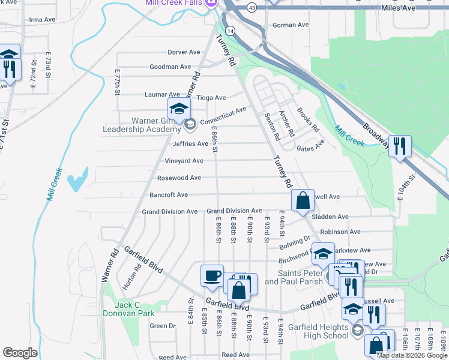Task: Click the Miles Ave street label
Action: click(x=399, y=8)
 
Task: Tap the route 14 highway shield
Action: click(x=231, y=29)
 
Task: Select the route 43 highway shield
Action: click(x=252, y=7)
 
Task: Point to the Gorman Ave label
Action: click(x=291, y=25)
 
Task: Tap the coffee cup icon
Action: click(x=212, y=275)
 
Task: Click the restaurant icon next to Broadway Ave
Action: click(x=400, y=145)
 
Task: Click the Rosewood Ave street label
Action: click(x=179, y=178)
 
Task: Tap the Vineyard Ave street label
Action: click(x=184, y=161)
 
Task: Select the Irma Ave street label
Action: click(x=41, y=20)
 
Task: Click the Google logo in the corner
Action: click(x=20, y=353)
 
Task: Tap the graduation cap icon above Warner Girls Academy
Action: click(x=179, y=109)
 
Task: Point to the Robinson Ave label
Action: click(x=340, y=232)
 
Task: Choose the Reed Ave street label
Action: click(x=231, y=355)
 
